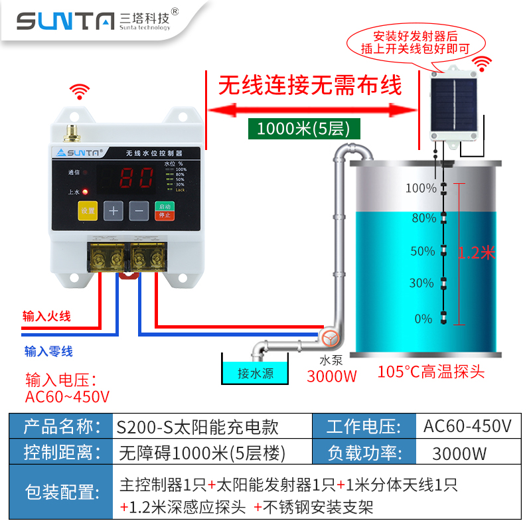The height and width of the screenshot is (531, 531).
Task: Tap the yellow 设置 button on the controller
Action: [x=88, y=210]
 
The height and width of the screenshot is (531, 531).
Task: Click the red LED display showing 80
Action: [x=136, y=177]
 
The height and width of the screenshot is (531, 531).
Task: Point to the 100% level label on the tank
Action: [x=421, y=188]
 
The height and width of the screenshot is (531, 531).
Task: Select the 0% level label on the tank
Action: [x=423, y=319]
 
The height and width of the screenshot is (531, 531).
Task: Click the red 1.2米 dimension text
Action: [x=477, y=252]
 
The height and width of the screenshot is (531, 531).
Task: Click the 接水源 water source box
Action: [x=256, y=373]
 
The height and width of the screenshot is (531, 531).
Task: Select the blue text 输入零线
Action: [x=48, y=351]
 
